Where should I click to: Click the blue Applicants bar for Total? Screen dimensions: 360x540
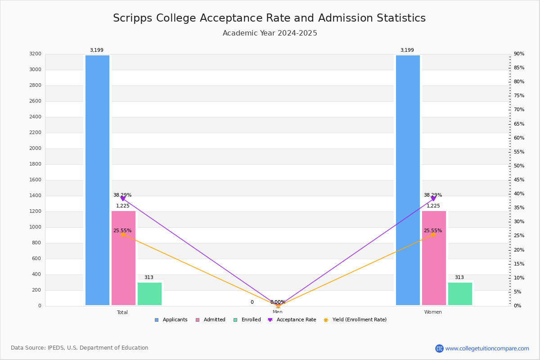97,180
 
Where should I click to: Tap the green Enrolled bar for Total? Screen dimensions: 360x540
149,293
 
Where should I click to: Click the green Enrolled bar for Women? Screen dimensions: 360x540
460,293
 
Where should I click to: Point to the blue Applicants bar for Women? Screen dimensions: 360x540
408,180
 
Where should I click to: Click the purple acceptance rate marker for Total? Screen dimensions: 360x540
123,198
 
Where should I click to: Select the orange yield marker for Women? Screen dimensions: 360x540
433,234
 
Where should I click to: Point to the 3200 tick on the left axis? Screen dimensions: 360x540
35,54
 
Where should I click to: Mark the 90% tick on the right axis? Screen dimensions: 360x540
519,54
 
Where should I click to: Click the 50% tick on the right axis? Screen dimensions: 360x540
519,166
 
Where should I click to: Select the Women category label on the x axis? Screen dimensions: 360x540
433,312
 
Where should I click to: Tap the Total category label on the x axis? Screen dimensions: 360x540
122,312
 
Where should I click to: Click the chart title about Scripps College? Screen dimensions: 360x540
269,18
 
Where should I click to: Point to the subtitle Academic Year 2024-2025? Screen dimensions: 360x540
270,33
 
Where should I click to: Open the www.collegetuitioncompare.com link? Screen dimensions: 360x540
487,348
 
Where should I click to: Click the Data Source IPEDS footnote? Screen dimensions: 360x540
80,348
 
